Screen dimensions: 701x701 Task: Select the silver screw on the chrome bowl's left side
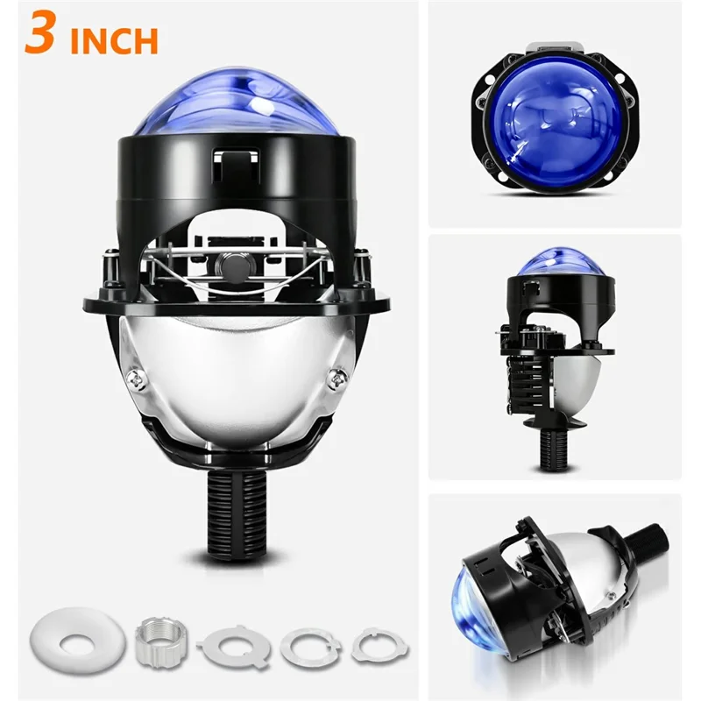tap(137, 378)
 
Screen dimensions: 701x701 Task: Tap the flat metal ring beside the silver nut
tap(232, 644)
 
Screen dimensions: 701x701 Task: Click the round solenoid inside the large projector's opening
tap(233, 262)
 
